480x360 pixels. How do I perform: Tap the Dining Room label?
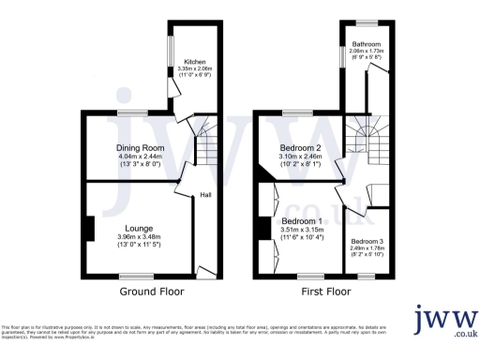tap(139, 148)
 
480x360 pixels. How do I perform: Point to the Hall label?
tap(204, 195)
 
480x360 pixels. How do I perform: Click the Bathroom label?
tap(366, 44)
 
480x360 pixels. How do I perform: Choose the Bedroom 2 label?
tap(301, 148)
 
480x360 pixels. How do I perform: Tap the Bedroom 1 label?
tap(301, 222)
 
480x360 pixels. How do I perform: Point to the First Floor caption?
tap(326, 292)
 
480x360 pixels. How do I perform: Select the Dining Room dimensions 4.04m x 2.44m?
tap(139, 157)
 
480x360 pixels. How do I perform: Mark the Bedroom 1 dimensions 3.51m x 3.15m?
tap(301, 232)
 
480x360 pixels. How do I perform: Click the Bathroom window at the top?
tap(366, 22)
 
